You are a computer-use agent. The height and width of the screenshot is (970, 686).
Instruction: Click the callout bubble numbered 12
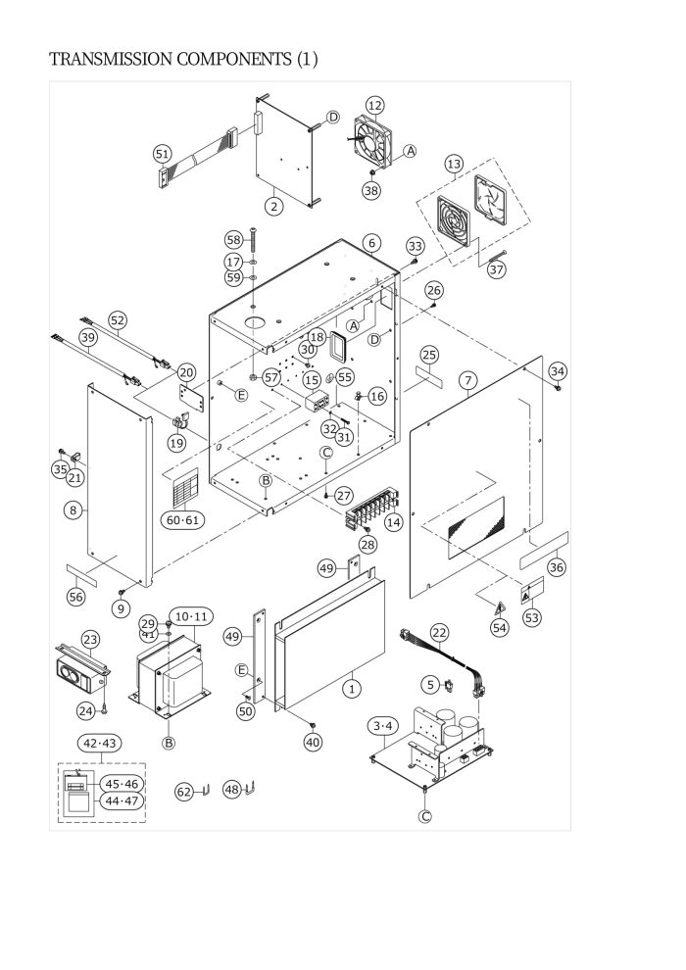(x=375, y=105)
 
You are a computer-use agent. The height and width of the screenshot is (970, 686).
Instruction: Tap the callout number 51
(x=162, y=154)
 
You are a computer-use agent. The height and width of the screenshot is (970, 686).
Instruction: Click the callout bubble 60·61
(x=183, y=520)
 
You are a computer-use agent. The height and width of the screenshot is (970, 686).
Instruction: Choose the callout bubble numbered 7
(x=468, y=381)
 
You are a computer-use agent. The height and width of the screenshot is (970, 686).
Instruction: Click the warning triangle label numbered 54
(x=500, y=607)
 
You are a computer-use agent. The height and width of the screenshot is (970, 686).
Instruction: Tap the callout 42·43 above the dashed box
(x=100, y=743)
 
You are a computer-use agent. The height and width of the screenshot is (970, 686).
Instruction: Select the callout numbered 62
(x=185, y=792)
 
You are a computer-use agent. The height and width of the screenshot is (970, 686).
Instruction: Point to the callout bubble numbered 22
(x=439, y=633)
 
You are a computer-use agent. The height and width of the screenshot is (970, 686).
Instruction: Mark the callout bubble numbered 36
(x=557, y=566)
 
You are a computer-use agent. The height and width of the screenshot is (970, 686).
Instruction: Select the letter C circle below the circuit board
(x=425, y=816)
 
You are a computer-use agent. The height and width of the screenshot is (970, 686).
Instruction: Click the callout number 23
(x=90, y=640)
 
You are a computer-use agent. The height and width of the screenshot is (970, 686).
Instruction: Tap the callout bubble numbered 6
(x=371, y=243)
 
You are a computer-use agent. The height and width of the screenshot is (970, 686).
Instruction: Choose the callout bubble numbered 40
(x=314, y=742)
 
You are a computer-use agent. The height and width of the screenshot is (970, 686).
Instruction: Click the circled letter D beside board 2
(x=333, y=117)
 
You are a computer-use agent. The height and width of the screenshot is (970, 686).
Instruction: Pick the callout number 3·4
(x=383, y=726)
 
